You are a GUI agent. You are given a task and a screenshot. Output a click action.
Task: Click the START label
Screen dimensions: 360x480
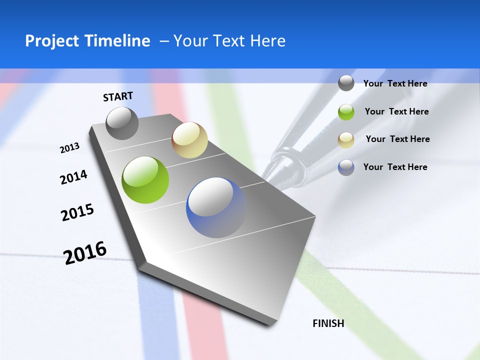(x=118, y=96)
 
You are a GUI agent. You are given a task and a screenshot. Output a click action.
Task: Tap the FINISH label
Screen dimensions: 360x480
(x=328, y=323)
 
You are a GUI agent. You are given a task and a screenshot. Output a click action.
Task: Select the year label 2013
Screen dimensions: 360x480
(x=70, y=147)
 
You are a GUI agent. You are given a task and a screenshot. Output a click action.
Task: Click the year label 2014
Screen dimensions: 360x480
(x=73, y=177)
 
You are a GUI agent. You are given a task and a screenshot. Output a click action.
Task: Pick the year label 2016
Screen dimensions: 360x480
(x=85, y=252)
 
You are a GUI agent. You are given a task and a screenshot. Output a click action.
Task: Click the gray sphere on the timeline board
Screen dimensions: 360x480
(x=122, y=123)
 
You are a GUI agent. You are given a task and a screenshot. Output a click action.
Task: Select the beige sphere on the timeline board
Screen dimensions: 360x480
(x=189, y=140)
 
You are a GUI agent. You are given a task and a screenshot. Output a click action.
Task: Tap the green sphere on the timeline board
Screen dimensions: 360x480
(x=145, y=180)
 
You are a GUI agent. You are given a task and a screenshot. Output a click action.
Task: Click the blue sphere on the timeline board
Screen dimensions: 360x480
(x=216, y=207)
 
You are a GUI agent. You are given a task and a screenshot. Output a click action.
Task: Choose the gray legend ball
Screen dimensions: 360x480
(x=346, y=83)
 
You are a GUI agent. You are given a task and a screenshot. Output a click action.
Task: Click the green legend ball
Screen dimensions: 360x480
(x=346, y=112)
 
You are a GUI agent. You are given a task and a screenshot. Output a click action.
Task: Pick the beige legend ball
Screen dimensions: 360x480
(x=346, y=139)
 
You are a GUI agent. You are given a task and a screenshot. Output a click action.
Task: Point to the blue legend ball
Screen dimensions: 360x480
(x=346, y=167)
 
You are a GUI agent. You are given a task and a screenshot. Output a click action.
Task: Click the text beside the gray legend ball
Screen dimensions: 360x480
(x=395, y=83)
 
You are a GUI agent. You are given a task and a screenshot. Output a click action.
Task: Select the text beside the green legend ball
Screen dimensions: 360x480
(x=396, y=111)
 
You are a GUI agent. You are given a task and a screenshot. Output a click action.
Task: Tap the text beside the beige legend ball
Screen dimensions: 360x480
(x=397, y=139)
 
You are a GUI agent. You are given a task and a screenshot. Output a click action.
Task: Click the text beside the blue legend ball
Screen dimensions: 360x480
(x=395, y=167)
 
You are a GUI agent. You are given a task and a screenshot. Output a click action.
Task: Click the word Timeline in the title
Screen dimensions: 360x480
(x=117, y=41)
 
